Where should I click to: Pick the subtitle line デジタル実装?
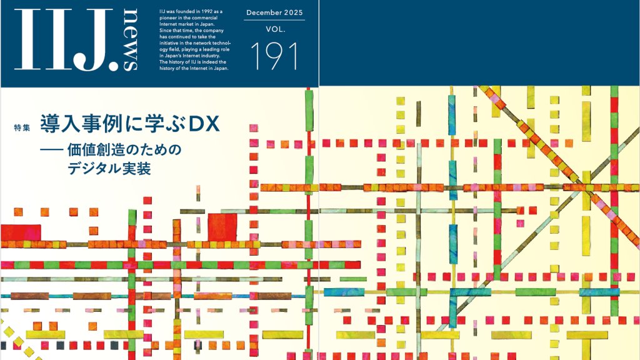(x=104, y=169)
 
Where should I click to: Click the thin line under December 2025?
(x=275, y=20)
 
